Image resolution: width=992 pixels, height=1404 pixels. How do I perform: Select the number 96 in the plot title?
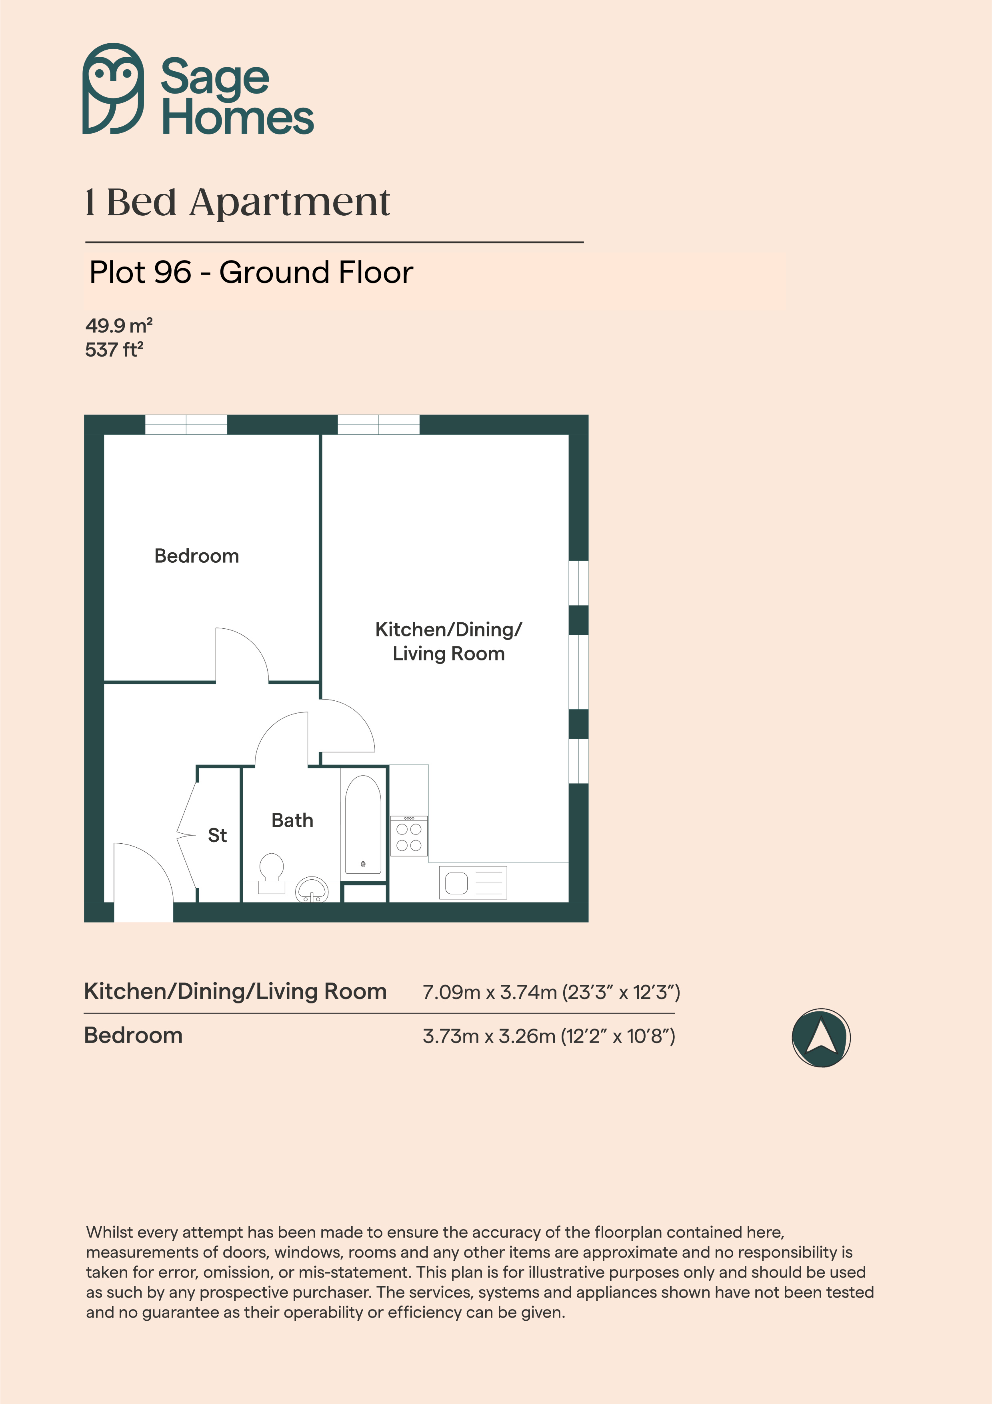tap(173, 272)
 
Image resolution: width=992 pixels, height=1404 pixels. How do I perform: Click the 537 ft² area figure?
tap(114, 350)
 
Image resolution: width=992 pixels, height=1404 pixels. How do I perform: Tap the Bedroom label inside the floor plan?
tap(197, 556)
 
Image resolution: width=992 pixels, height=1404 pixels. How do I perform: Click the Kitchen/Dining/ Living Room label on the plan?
tap(449, 642)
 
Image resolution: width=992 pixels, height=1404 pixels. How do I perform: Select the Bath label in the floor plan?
tap(292, 820)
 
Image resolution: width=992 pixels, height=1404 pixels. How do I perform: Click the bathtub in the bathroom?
tap(363, 824)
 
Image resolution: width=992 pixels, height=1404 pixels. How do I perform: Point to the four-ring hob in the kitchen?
tap(409, 836)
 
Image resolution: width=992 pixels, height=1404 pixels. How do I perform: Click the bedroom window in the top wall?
tap(186, 424)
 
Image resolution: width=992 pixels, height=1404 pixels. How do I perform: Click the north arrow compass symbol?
tap(821, 1038)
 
